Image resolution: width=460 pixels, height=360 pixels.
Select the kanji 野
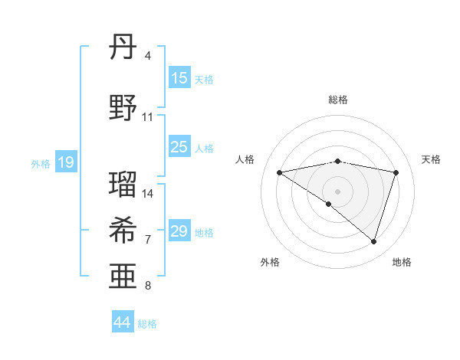(123, 107)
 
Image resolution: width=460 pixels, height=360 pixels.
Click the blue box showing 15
(179, 78)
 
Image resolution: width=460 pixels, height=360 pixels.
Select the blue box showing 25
(179, 147)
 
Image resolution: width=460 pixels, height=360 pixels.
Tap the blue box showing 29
(179, 231)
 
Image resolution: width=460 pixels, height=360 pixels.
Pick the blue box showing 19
(65, 162)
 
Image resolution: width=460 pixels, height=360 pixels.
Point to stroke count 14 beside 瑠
(148, 194)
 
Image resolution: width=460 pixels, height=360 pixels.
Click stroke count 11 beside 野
(148, 117)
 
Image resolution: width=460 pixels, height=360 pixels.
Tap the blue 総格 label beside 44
(147, 324)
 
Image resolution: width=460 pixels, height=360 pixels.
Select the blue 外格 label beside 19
(41, 163)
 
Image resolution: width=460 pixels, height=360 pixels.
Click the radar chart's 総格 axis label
(337, 100)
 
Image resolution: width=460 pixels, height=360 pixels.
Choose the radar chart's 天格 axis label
(431, 159)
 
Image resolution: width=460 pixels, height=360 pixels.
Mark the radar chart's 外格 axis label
(270, 262)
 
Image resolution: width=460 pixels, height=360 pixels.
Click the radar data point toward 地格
(374, 242)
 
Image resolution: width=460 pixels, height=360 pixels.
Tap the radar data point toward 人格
(279, 172)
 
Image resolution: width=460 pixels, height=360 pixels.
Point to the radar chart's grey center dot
(337, 191)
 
